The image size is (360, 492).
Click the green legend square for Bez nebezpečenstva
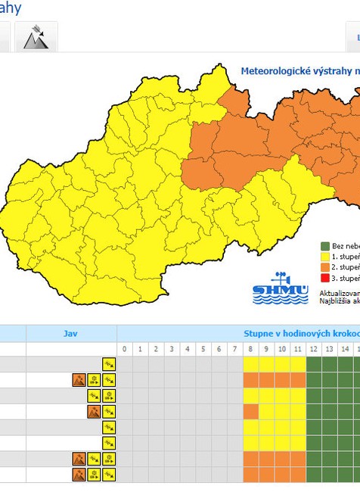coord(325,246)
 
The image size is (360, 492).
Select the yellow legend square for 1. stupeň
coord(325,257)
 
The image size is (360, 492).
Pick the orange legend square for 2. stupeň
coord(325,267)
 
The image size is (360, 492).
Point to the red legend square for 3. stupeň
coord(325,278)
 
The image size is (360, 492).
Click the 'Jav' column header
coord(70,333)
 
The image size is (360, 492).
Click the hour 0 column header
coord(125,349)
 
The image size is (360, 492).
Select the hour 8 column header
coord(251,349)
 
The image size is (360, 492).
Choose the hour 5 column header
coord(203,349)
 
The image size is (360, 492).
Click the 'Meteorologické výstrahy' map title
coord(299,71)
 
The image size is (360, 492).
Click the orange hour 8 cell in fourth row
coord(250,412)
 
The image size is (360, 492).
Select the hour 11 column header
coord(298,349)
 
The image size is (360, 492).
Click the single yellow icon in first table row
coord(110,364)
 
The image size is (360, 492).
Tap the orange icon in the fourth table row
coord(94,412)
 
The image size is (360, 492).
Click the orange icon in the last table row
coord(79,475)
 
